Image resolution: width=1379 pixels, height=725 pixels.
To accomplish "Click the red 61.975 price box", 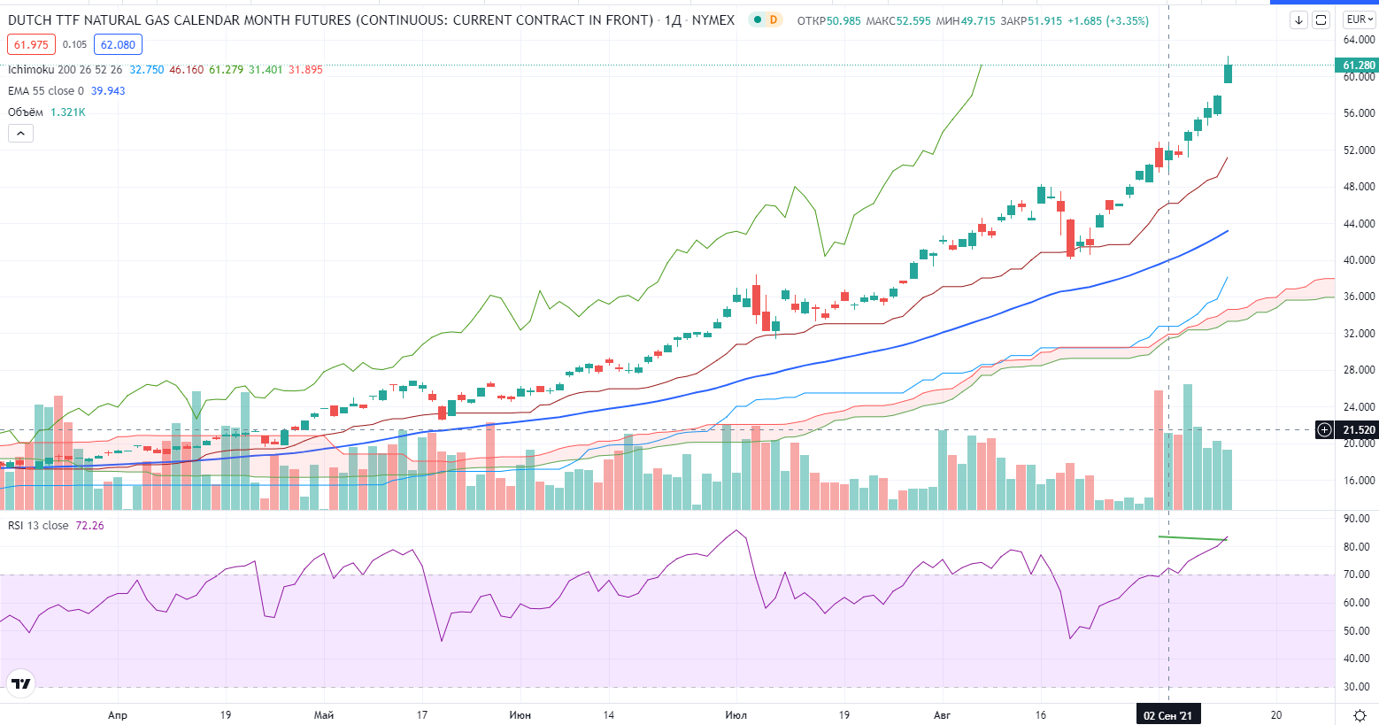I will coord(31,45).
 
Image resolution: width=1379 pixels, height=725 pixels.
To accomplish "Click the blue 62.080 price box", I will coord(118,45).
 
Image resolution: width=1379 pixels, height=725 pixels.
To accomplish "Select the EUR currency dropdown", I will coord(1359,19).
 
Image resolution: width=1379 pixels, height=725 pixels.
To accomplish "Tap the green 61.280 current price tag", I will coord(1358,66).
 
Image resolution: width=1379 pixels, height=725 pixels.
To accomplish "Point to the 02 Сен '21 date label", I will coord(1167,715).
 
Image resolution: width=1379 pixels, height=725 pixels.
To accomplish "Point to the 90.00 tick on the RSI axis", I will coord(1356,519).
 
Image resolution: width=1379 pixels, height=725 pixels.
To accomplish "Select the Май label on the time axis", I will coord(324,715).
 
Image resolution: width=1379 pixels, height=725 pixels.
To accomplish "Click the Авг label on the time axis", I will coord(942,715).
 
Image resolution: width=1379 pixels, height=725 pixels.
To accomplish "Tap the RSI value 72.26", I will coord(90,526).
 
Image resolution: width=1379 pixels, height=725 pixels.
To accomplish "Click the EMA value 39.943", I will coord(108,91).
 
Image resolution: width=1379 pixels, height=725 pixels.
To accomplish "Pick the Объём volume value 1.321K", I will coord(68,112).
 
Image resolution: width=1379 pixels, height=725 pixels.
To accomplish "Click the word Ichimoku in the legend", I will coord(31,70).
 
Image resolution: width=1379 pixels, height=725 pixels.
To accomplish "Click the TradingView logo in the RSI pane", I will coord(21,683).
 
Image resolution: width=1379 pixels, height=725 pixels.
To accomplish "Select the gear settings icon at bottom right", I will coord(1360,715).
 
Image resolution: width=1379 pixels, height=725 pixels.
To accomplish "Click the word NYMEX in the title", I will coord(713,19).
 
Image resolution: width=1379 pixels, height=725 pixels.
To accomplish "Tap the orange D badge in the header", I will coord(774,19).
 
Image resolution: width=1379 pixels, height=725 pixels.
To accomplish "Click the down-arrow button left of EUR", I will coord(1298,19).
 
